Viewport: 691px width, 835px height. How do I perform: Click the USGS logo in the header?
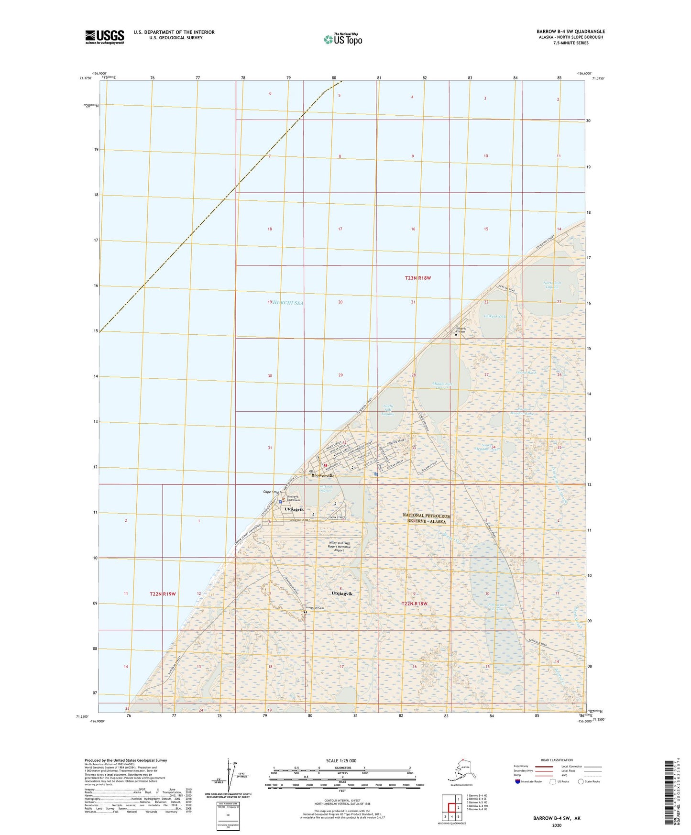[105, 37]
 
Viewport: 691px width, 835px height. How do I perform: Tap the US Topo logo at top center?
[342, 39]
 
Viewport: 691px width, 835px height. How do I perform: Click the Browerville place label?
[323, 475]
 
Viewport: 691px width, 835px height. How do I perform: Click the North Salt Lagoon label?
[552, 285]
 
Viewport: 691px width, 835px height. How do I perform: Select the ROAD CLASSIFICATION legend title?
[556, 760]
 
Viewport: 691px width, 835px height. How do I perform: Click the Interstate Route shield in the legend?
[518, 782]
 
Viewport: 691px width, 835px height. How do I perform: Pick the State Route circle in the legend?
[581, 782]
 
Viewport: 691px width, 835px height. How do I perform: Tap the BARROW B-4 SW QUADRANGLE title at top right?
[570, 32]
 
